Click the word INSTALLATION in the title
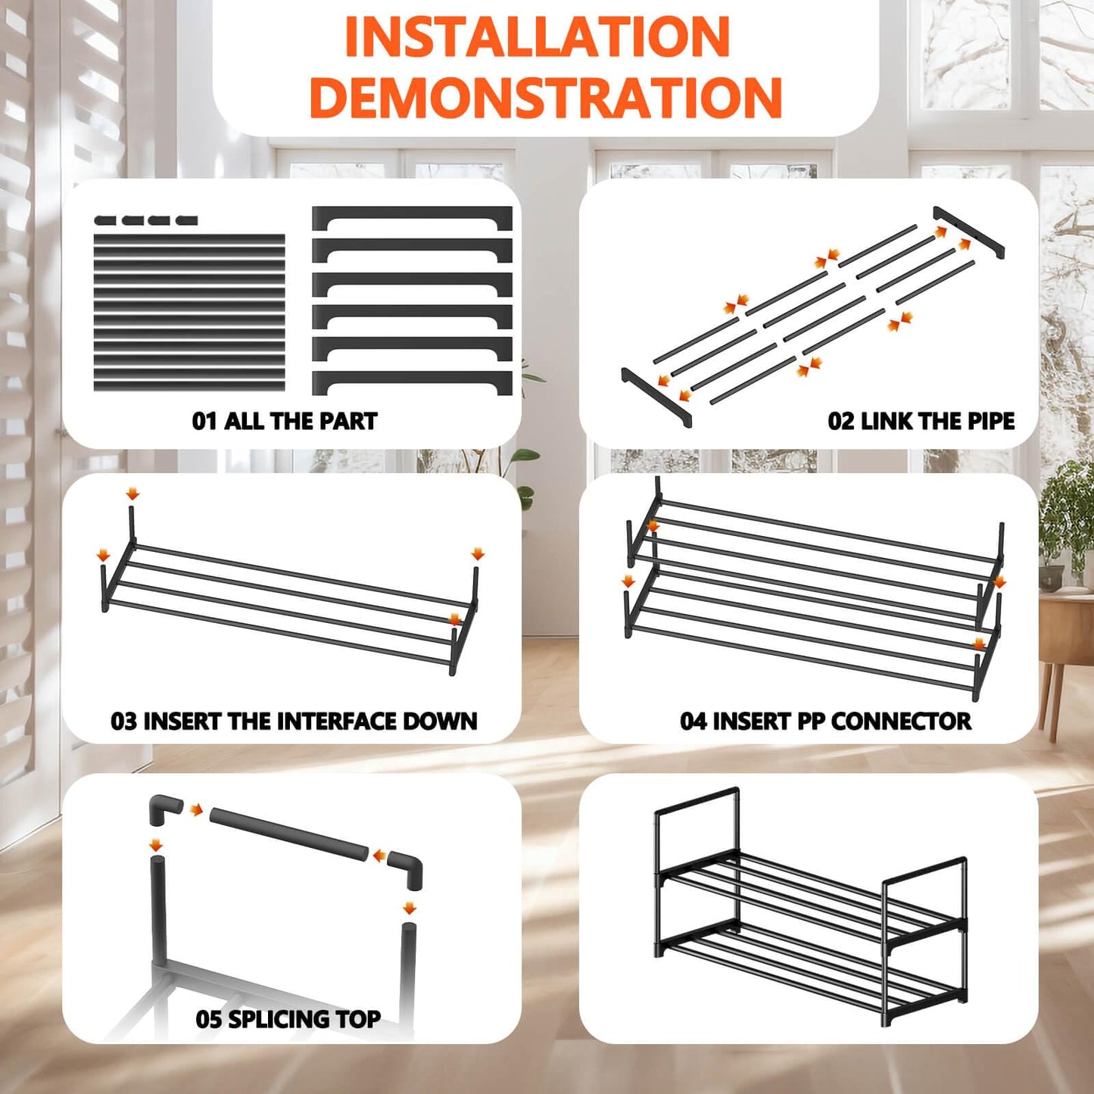(537, 36)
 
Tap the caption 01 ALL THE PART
(285, 421)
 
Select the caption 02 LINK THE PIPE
(921, 421)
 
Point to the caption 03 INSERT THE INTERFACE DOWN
(294, 721)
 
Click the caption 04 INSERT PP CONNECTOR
(825, 721)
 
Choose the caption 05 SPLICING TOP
(288, 1019)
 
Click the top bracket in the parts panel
(412, 218)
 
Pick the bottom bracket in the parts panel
(412, 382)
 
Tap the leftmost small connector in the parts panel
(105, 220)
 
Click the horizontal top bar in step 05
(288, 837)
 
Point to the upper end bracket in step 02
(968, 230)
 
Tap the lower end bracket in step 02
(656, 397)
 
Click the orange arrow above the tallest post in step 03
(132, 494)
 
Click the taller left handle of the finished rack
(697, 821)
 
